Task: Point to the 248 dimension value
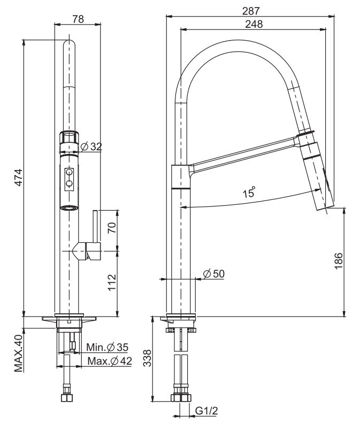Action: [x=254, y=24]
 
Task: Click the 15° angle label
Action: [x=249, y=193]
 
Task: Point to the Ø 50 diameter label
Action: [x=214, y=274]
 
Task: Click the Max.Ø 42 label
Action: [x=110, y=362]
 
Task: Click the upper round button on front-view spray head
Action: [x=69, y=173]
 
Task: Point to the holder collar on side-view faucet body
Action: [x=180, y=178]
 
